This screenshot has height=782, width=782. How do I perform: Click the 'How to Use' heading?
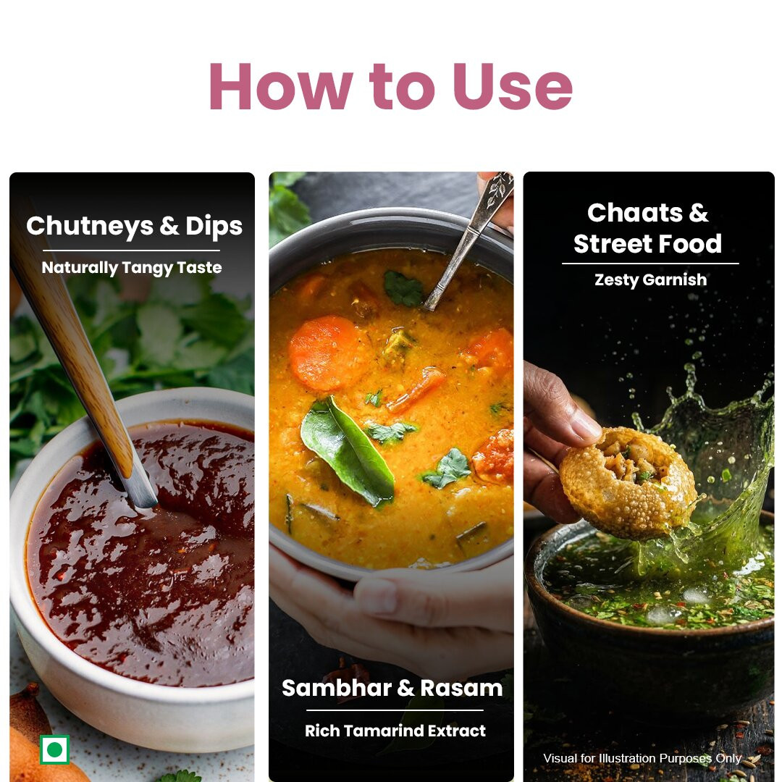pos(391,85)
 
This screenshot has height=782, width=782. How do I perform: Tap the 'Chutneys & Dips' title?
pos(134,227)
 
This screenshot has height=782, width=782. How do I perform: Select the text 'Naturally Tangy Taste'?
pos(132,268)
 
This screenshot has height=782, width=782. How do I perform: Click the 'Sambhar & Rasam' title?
pos(392,689)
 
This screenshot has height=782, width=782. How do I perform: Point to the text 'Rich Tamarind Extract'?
pos(395,731)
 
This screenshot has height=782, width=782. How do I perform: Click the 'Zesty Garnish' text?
pos(650,279)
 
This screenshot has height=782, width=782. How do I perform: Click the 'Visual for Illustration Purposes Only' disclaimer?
pos(642,758)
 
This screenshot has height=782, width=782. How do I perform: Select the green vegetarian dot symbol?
pos(54,749)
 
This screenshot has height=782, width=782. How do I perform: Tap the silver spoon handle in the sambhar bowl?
pos(468,240)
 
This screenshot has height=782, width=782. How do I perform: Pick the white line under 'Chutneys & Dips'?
pos(131,251)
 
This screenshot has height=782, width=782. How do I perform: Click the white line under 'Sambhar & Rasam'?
pos(395,710)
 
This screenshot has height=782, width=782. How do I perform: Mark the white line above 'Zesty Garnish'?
pos(650,264)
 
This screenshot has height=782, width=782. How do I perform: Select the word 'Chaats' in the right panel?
pos(634,214)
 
